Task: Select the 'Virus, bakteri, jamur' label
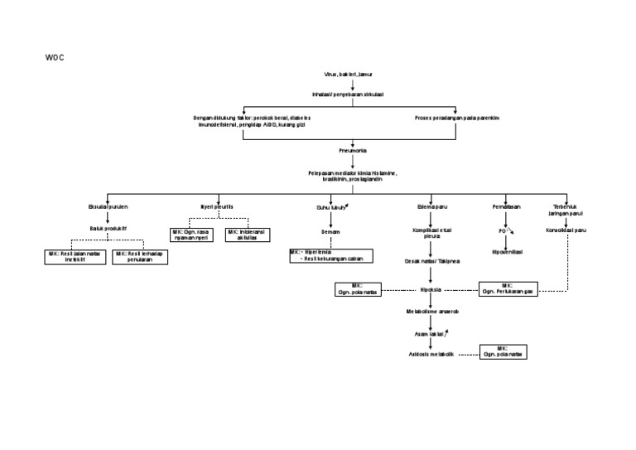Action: pyautogui.click(x=354, y=74)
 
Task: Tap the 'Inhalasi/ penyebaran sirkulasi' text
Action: pyautogui.click(x=354, y=93)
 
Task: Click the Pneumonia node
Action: pyautogui.click(x=354, y=151)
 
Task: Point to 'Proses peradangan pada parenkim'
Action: pyautogui.click(x=456, y=118)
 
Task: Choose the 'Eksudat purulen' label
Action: pyautogui.click(x=108, y=206)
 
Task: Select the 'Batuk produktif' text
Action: pyautogui.click(x=108, y=226)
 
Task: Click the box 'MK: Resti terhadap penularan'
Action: pyautogui.click(x=140, y=257)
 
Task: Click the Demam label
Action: pyautogui.click(x=330, y=232)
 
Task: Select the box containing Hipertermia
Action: pyautogui.click(x=330, y=256)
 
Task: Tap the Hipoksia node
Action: pyautogui.click(x=431, y=291)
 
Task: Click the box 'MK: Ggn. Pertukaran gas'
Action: pyautogui.click(x=508, y=289)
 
